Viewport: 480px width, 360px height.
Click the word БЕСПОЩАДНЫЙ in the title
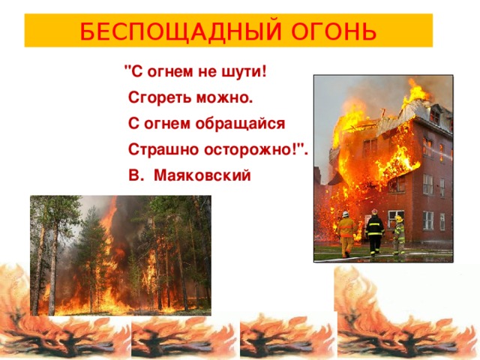(181, 31)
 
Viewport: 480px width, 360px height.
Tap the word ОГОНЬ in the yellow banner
(334, 31)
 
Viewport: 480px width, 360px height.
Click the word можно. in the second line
(225, 98)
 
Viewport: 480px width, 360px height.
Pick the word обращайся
(240, 124)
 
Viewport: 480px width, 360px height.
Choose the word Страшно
(163, 150)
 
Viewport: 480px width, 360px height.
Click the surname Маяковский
(202, 175)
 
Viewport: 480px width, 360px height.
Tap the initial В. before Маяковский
(136, 175)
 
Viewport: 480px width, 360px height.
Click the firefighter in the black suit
(375, 232)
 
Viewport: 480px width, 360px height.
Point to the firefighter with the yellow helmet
(399, 235)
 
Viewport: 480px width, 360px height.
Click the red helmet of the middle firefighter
(375, 211)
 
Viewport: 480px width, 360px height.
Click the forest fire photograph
(121, 255)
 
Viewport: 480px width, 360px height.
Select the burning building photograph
(383, 168)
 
